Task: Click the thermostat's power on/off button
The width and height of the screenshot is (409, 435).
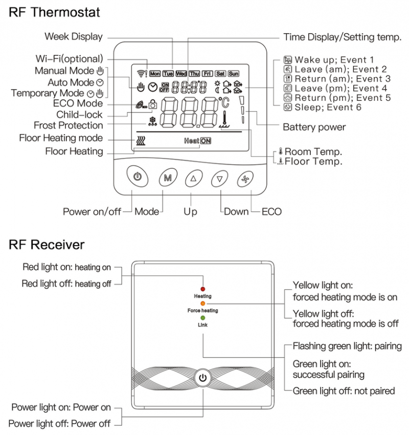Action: tap(137, 178)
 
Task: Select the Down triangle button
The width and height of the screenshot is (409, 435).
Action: tap(219, 179)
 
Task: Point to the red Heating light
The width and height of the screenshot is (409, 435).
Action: tap(203, 290)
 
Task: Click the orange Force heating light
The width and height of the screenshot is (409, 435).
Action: tap(203, 303)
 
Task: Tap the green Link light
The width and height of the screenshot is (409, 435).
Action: tap(203, 318)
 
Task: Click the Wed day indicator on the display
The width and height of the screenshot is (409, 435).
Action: tap(181, 74)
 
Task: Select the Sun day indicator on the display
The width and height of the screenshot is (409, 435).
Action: tap(234, 74)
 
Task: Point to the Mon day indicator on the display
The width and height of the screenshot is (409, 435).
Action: tap(155, 74)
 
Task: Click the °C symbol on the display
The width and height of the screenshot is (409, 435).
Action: tap(224, 103)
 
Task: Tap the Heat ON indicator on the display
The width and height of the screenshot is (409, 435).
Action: tap(197, 140)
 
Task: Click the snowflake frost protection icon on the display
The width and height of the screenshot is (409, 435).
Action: tap(152, 122)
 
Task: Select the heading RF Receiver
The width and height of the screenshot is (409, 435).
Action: tap(47, 245)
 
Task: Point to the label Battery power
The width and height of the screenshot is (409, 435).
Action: tap(314, 127)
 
